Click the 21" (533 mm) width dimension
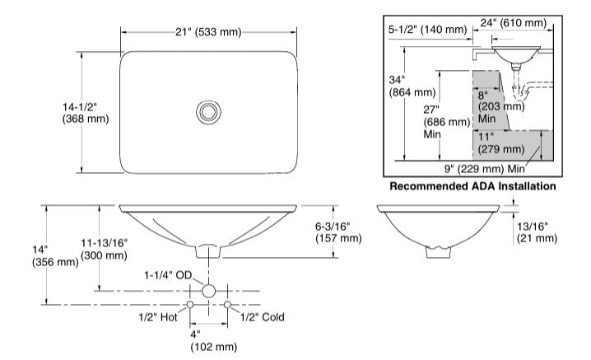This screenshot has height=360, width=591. (208, 32)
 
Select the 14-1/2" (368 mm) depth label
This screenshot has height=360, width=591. (86, 113)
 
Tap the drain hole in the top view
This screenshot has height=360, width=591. (208, 112)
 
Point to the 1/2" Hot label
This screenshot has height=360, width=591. (158, 317)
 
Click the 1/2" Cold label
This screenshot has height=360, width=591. (263, 317)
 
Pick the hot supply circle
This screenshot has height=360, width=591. (190, 305)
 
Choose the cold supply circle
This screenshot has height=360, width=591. (227, 305)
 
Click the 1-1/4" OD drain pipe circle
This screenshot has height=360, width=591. (208, 291)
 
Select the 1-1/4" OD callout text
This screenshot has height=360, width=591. (168, 275)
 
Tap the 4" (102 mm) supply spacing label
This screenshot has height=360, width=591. (214, 341)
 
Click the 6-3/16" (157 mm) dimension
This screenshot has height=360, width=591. (338, 232)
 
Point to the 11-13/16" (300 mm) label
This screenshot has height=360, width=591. (104, 249)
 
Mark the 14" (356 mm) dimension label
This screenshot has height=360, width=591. (55, 256)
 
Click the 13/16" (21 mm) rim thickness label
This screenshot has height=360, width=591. (537, 232)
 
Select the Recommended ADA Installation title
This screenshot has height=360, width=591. (472, 186)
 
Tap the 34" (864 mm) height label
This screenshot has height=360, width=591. (412, 86)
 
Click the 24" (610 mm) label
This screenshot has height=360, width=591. (514, 22)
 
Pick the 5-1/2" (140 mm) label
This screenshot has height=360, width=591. (428, 30)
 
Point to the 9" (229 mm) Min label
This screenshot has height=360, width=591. (484, 169)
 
